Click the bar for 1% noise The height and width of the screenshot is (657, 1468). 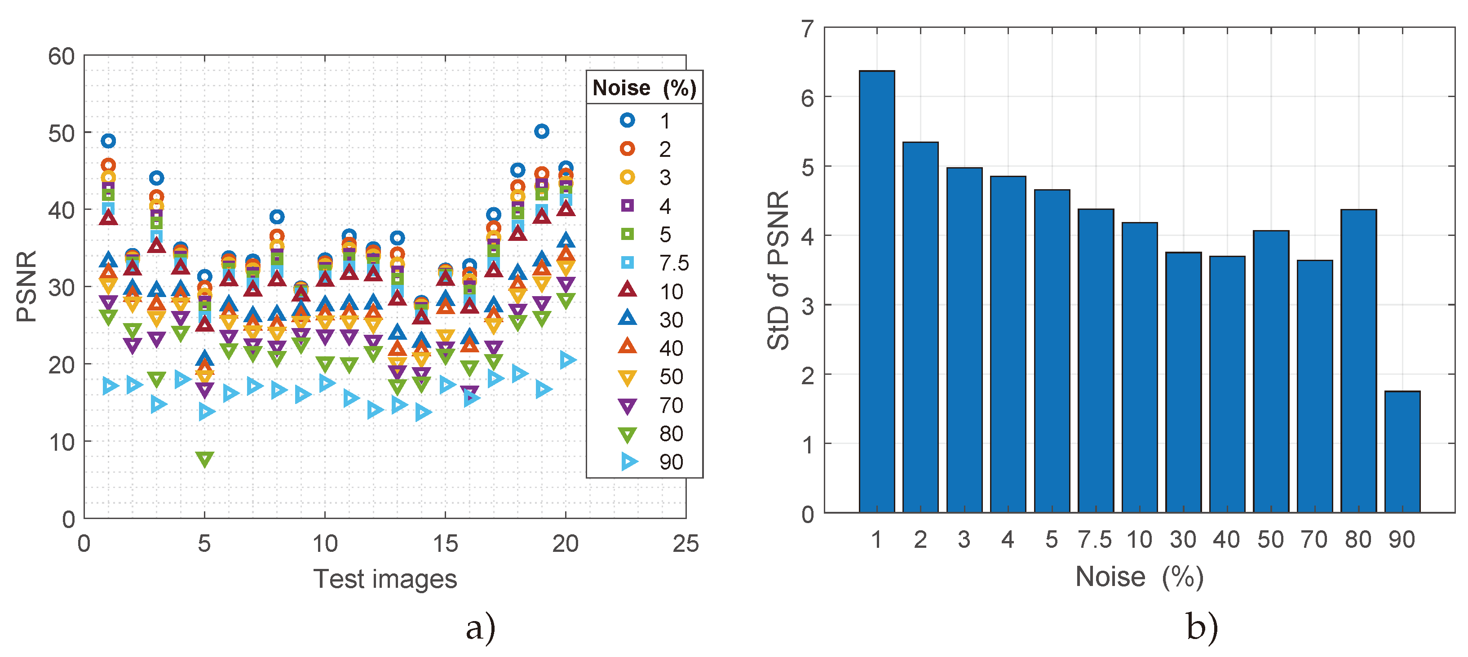tap(876, 291)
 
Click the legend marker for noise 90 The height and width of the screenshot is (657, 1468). tap(628, 462)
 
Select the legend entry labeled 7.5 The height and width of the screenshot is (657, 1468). tap(674, 263)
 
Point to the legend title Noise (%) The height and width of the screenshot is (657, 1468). tap(644, 88)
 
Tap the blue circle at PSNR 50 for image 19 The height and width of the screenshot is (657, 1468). tap(541, 131)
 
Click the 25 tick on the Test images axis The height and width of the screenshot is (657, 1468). tap(685, 543)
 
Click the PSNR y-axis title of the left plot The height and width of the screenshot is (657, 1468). tap(26, 286)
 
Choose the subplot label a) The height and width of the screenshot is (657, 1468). tap(480, 628)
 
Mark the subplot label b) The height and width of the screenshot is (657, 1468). tap(1201, 627)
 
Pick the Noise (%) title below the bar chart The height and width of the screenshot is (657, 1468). tap(1139, 577)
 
